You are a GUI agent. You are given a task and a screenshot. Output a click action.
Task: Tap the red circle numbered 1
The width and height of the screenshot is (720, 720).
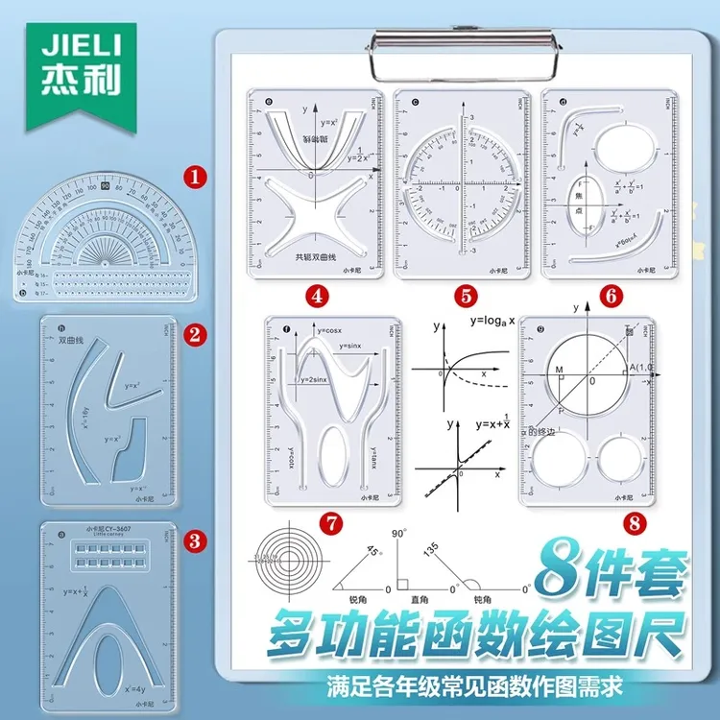point(195,177)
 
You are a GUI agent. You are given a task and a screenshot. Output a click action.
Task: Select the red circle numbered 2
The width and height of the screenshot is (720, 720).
point(195,334)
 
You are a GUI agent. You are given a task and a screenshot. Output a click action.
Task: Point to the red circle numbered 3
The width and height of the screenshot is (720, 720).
point(195,540)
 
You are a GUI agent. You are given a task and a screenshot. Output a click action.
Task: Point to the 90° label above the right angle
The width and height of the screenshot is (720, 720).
point(401,533)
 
